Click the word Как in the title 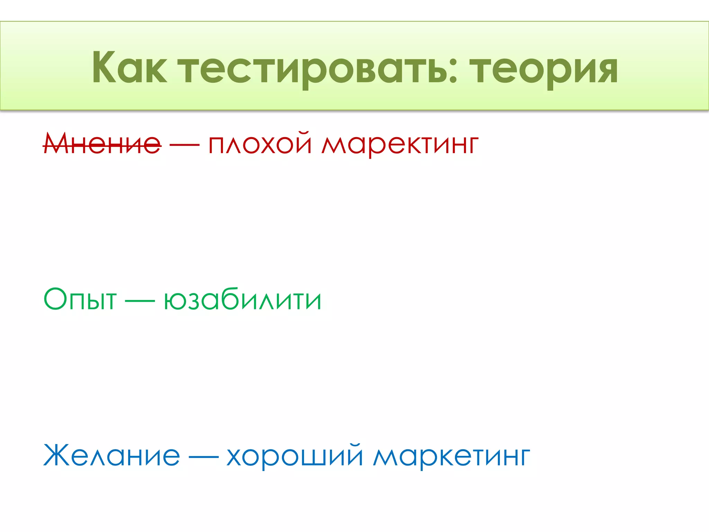[x=129, y=68]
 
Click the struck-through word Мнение [x=102, y=143]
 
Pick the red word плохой [x=260, y=143]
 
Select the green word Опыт [x=80, y=299]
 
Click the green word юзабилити [x=242, y=299]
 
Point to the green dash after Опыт [x=140, y=301]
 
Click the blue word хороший [x=295, y=456]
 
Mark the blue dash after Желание [x=203, y=456]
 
